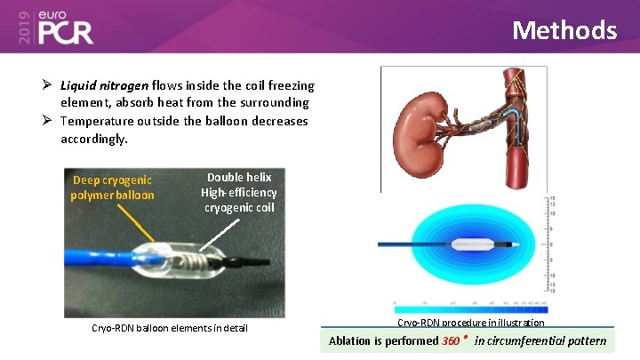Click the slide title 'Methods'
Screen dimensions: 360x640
point(564,31)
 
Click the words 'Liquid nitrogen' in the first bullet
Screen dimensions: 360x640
point(104,86)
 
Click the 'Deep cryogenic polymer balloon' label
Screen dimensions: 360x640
point(112,188)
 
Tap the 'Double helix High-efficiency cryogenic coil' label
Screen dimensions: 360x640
point(239,192)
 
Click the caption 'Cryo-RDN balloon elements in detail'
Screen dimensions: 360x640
point(171,329)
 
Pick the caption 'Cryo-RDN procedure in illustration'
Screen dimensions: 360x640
point(470,323)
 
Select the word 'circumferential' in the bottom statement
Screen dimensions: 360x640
point(545,341)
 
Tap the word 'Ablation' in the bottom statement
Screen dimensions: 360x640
point(353,341)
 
